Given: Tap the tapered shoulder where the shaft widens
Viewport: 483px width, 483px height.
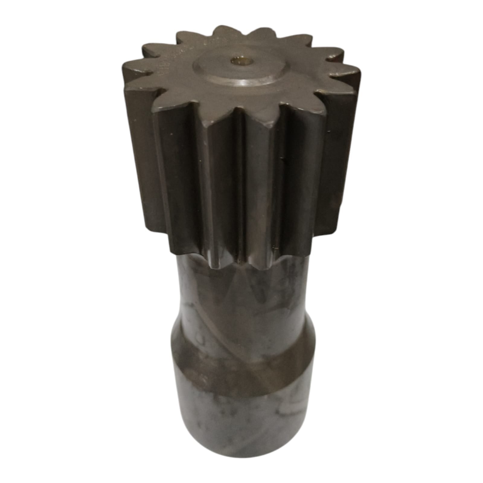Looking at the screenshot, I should pos(241,338).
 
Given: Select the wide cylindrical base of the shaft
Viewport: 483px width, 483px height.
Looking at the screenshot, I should pos(241,408).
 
